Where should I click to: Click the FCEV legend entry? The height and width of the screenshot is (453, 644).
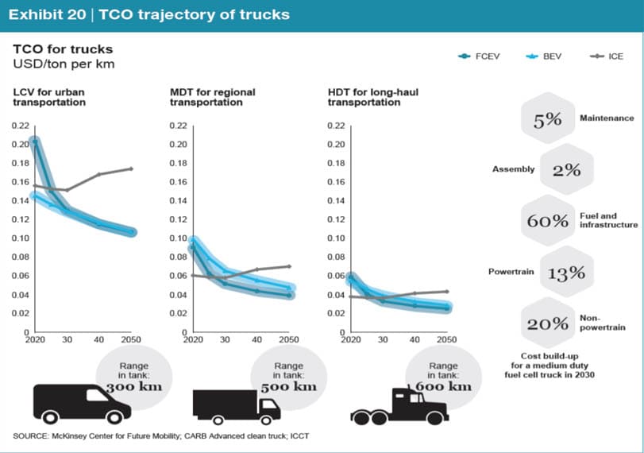pos(479,56)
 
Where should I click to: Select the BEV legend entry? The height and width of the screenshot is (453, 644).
pos(543,56)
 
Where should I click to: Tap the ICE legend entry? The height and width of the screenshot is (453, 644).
pos(607,56)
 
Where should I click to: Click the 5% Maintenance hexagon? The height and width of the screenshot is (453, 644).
pos(547,118)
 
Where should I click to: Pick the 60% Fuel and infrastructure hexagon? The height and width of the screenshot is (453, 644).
pos(547,220)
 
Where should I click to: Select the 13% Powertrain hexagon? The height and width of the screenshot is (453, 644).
pos(566,272)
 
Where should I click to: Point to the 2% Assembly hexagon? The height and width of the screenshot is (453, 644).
pos(566,169)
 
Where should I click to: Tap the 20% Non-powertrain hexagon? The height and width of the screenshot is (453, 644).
pos(547,323)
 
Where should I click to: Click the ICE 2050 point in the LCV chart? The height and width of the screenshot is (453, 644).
pos(132,168)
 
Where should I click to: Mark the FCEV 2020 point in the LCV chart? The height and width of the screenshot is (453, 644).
pos(35,141)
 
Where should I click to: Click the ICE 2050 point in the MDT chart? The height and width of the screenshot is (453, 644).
pos(289,266)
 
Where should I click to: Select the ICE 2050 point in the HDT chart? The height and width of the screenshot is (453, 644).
pos(447,292)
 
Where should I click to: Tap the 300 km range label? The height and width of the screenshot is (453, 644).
pos(134,387)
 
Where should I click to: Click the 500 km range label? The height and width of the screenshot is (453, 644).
pos(289,387)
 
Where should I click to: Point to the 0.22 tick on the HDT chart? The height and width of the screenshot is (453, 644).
pos(336,126)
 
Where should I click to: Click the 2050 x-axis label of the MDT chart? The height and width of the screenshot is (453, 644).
pos(289,339)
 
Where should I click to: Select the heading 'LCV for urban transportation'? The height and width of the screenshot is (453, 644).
pos(49,97)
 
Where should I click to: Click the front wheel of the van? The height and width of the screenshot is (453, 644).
pos(114,417)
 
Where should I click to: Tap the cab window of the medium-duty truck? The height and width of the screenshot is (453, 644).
pos(269,404)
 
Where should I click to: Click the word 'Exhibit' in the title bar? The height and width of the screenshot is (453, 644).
pos(47,14)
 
